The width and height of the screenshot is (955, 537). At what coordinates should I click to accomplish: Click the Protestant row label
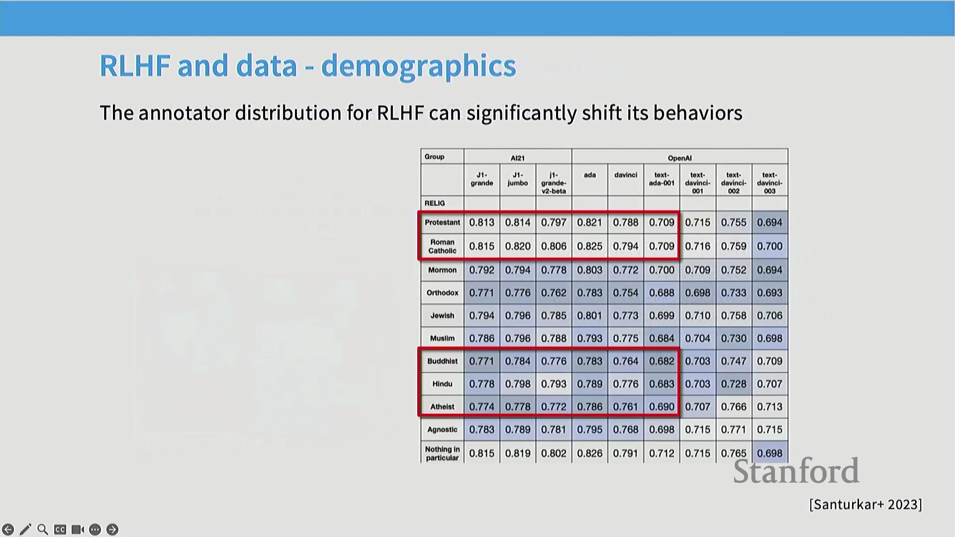click(442, 222)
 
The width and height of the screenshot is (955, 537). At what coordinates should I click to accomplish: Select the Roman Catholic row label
click(442, 246)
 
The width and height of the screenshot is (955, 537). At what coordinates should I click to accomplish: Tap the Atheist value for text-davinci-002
click(734, 407)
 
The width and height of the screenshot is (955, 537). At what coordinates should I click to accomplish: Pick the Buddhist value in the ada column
click(589, 361)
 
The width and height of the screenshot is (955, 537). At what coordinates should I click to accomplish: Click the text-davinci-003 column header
click(769, 182)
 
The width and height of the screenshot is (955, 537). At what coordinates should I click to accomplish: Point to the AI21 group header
click(517, 158)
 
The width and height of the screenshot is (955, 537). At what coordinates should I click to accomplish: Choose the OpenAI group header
click(679, 158)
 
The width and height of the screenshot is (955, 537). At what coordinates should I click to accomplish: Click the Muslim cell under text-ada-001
click(662, 338)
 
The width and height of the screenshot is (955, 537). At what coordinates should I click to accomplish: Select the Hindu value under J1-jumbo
click(518, 384)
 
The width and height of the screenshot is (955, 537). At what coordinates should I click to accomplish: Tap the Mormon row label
click(442, 270)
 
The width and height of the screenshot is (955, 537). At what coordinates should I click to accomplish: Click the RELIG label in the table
click(435, 203)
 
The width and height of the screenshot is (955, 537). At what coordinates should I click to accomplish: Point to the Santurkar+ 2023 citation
click(865, 504)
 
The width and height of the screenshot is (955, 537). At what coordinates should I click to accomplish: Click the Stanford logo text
click(796, 471)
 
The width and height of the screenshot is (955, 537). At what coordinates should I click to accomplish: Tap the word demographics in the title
click(418, 66)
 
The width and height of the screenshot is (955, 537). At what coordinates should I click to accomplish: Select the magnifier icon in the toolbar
click(43, 530)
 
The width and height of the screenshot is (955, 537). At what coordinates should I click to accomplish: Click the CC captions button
click(60, 530)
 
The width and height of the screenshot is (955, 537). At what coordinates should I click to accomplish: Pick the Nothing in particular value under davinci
click(625, 453)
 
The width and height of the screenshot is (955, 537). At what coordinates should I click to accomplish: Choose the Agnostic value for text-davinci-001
click(697, 430)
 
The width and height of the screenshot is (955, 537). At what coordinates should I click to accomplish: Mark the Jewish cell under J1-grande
click(481, 315)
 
